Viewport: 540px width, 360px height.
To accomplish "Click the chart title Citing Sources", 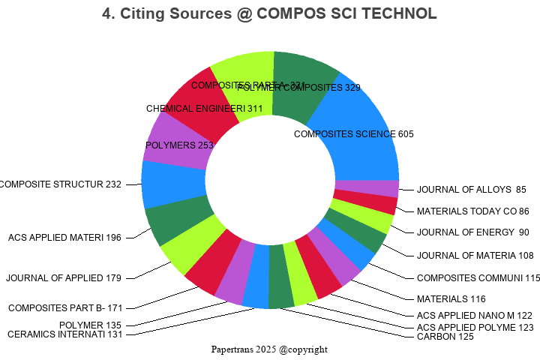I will point(269,13).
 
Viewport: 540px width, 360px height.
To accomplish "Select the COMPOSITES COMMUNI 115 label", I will point(478,277).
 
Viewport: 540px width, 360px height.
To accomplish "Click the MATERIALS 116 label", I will point(451,299).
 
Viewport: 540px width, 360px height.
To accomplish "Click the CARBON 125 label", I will point(445,337).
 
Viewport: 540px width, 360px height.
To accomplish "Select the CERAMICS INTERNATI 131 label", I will point(64,334).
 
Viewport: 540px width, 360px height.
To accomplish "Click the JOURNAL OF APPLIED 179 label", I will point(63,278).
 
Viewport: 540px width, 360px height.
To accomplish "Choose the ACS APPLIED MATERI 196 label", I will point(64,238).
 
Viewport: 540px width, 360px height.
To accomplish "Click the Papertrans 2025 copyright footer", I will point(269,349).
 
